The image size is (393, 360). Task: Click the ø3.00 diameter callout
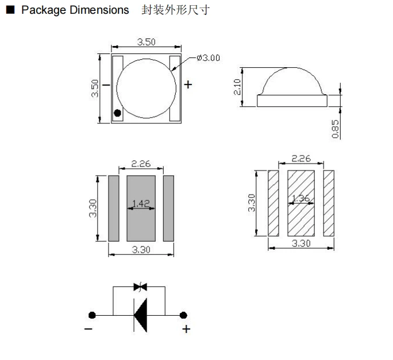point(207,58)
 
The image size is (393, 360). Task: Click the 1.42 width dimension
point(141,203)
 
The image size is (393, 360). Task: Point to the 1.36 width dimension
point(301,199)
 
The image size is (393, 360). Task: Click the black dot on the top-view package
point(118,113)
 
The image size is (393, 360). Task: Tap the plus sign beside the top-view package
point(188,85)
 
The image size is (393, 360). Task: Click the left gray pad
point(114,208)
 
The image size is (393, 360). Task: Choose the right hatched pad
point(329,203)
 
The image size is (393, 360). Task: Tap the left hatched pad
point(273,203)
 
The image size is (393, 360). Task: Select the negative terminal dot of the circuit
point(91,315)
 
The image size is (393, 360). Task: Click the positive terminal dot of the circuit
point(183,315)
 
